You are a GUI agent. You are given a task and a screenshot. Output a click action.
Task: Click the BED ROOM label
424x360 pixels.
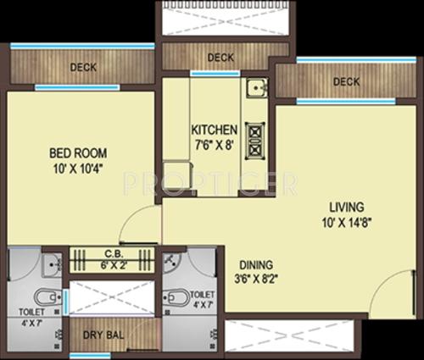pos(76,153)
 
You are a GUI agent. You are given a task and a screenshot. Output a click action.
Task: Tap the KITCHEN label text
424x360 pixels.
pos(213,130)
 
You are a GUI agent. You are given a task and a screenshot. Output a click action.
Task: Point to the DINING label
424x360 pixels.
pos(255,263)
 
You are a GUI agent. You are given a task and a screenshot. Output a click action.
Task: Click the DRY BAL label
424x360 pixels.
pos(103,335)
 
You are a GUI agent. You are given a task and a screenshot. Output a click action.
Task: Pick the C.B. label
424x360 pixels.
pos(114,252)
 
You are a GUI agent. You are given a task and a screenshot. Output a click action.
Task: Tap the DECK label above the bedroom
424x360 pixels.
pos(82,66)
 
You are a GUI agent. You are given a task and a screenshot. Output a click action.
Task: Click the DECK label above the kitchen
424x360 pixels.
pos(220,58)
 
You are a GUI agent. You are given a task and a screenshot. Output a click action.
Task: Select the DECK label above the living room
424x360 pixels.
pos(346,82)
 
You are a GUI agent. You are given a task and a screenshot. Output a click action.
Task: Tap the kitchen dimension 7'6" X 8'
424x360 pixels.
pos(213,143)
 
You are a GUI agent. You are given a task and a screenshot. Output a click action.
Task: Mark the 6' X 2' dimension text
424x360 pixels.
pos(114,263)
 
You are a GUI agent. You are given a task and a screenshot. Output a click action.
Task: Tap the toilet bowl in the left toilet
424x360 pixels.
pos(45,297)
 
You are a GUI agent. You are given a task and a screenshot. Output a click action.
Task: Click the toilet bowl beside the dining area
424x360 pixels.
pos(176,297)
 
